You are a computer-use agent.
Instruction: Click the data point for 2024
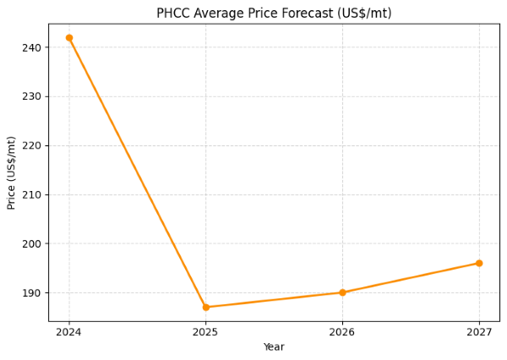69,38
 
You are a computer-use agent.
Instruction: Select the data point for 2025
206,307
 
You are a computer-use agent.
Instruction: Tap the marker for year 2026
342,292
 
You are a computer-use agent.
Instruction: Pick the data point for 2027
479,263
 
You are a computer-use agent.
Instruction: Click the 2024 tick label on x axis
69,332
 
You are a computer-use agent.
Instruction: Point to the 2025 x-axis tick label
206,332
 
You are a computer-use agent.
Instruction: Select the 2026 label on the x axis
342,332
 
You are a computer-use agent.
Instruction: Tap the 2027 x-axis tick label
479,332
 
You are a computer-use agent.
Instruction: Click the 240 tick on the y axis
32,48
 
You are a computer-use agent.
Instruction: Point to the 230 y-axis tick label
32,97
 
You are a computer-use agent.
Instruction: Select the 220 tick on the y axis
32,146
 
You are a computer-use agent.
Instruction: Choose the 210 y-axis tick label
32,195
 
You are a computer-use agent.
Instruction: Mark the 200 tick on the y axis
32,244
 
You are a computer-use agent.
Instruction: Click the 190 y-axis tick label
32,293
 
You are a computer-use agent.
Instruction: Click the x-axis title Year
274,347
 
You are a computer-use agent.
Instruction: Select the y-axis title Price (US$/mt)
12,172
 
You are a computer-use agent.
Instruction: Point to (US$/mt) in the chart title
363,14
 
